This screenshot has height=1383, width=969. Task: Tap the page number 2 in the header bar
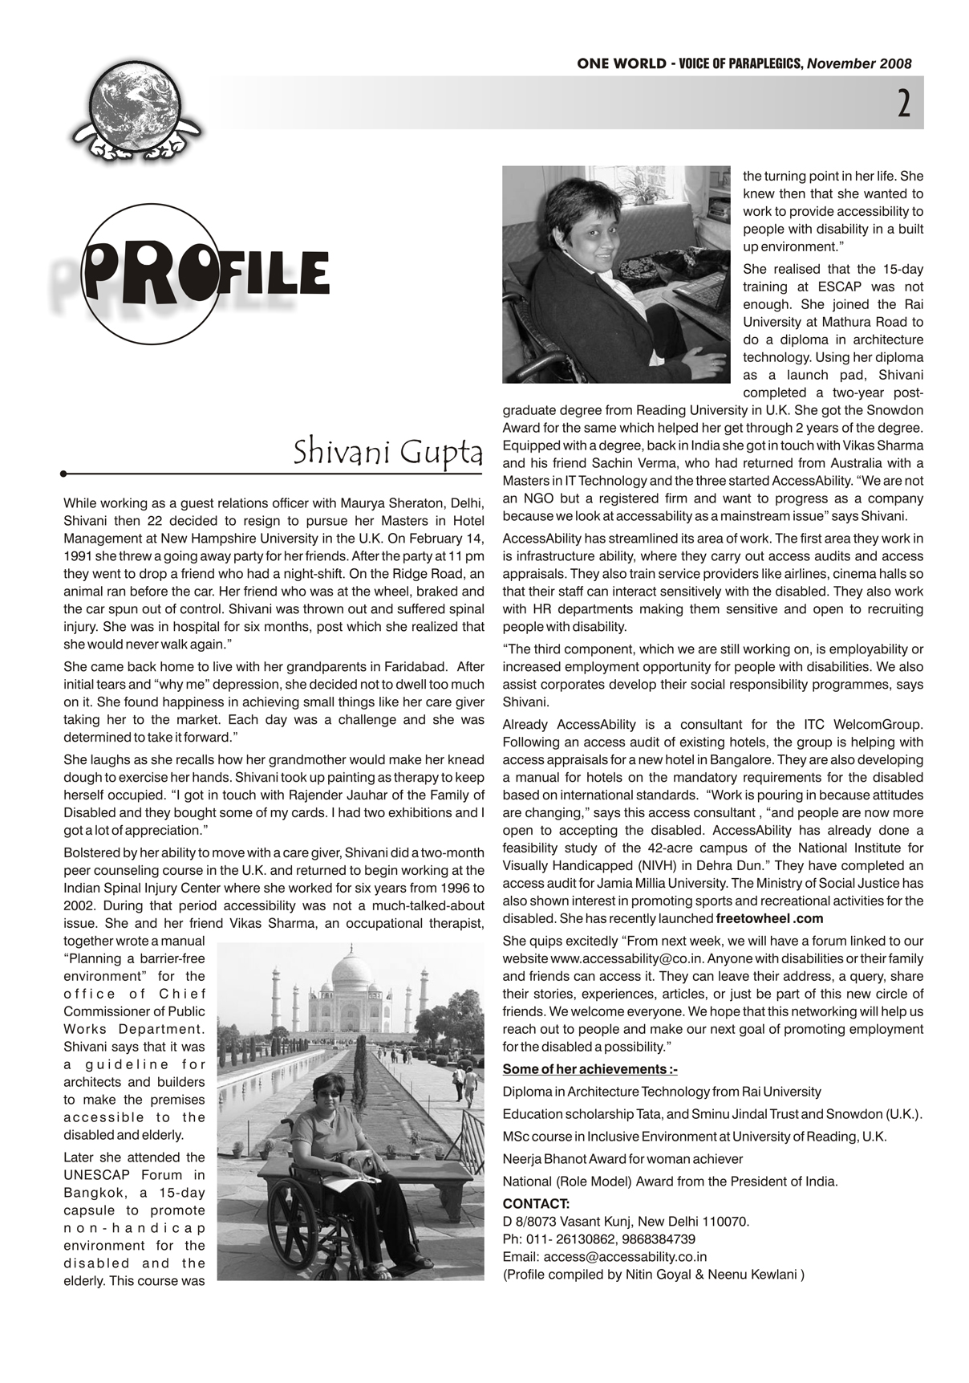903,104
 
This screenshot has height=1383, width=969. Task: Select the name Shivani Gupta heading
387,453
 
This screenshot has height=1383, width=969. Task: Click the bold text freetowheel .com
770,918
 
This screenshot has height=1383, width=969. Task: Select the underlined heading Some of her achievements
590,1069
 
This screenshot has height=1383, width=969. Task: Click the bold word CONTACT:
536,1204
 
